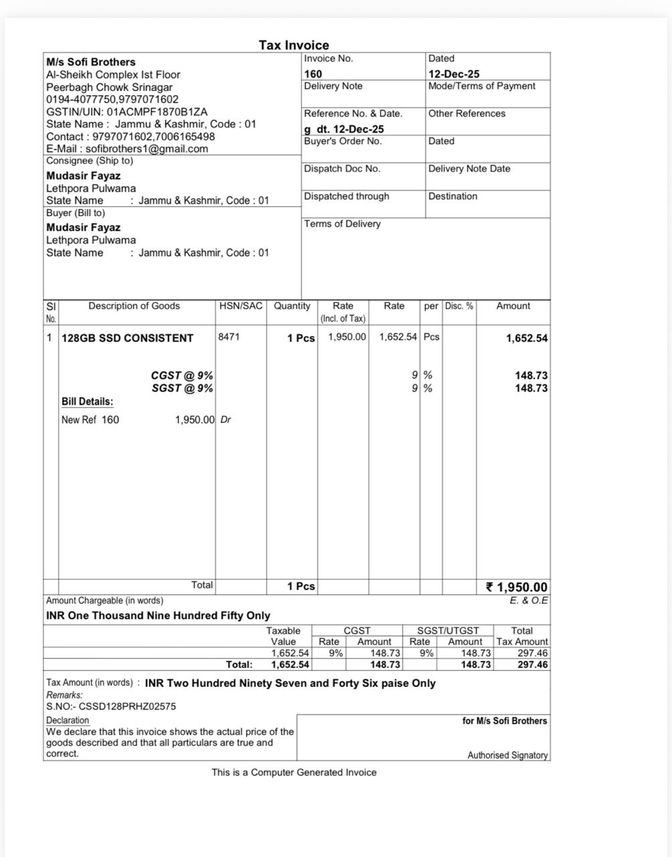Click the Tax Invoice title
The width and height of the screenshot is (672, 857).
point(294,46)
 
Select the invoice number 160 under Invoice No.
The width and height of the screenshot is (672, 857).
point(313,74)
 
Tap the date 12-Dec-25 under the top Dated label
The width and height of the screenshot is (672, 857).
point(454,74)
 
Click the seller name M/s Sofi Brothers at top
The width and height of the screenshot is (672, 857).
point(90,62)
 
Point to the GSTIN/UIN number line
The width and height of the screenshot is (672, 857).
point(127,112)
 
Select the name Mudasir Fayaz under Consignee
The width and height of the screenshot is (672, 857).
point(83,176)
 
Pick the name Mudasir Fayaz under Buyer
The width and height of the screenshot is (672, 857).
point(83,228)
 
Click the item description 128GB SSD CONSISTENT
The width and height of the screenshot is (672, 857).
point(127,338)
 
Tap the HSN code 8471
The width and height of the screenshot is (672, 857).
point(228,337)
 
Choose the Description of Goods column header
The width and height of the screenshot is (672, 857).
point(134,306)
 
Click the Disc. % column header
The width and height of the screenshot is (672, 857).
point(459,306)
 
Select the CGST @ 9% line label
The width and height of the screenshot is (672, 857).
point(182,376)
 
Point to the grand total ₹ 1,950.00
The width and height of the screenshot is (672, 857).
point(517,587)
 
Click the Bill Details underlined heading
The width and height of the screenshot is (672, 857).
point(87,402)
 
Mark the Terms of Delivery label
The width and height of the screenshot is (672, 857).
point(342,224)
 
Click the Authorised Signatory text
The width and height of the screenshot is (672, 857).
point(507,755)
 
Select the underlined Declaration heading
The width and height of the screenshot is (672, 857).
point(68,720)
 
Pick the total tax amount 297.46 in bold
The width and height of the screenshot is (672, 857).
point(532,665)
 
